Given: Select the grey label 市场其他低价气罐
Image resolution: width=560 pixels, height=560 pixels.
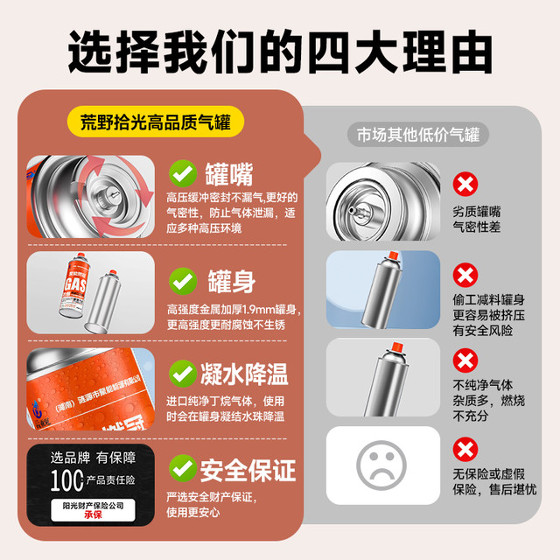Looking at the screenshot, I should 417,135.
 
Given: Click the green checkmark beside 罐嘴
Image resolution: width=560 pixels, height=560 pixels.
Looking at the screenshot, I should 183,172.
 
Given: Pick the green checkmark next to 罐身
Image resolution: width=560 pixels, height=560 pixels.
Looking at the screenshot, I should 183,280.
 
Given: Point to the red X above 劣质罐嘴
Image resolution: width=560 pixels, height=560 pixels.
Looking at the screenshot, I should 465,185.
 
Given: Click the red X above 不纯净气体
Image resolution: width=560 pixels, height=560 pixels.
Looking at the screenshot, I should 465,359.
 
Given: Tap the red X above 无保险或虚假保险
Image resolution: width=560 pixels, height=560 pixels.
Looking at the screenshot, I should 465,448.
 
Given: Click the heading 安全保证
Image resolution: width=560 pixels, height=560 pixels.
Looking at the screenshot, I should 248,470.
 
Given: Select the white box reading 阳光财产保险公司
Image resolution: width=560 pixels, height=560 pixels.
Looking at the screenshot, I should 90,509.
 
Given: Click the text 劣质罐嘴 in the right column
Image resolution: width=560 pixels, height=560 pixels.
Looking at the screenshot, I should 477,211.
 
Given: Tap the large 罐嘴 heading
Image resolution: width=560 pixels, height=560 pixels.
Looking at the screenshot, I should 230,172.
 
